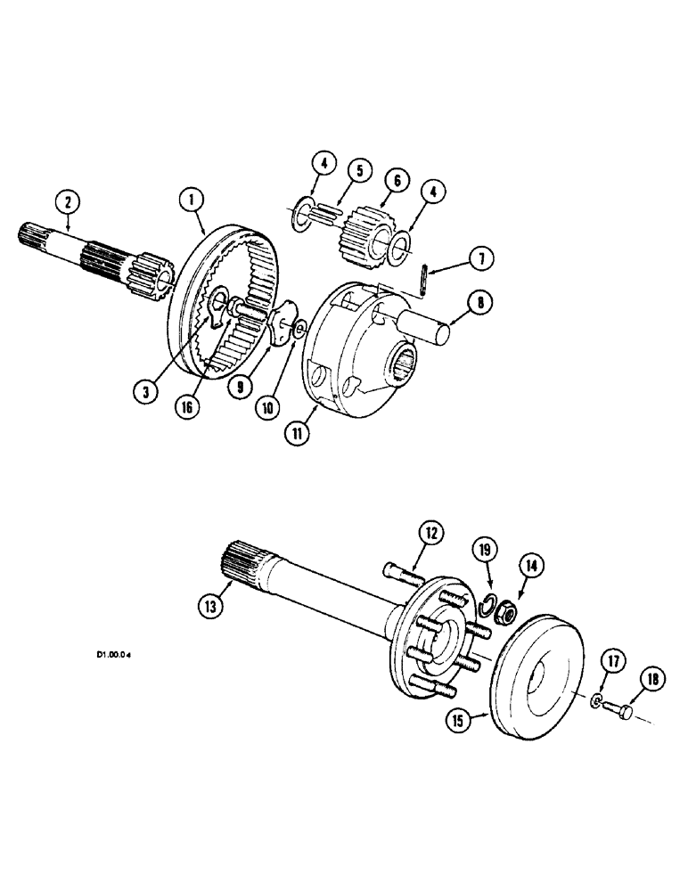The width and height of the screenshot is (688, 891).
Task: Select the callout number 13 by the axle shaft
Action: click(209, 606)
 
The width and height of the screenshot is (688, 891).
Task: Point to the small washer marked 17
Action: click(595, 702)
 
